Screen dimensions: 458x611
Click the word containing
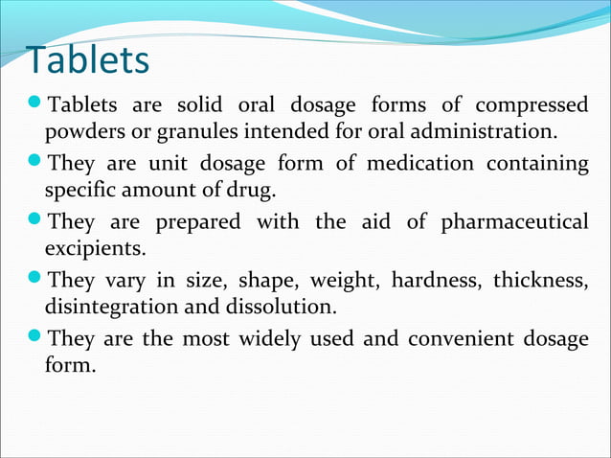click(537, 164)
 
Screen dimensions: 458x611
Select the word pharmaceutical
click(514, 223)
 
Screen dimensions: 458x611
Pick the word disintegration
click(106, 307)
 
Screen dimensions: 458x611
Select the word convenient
click(466, 339)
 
